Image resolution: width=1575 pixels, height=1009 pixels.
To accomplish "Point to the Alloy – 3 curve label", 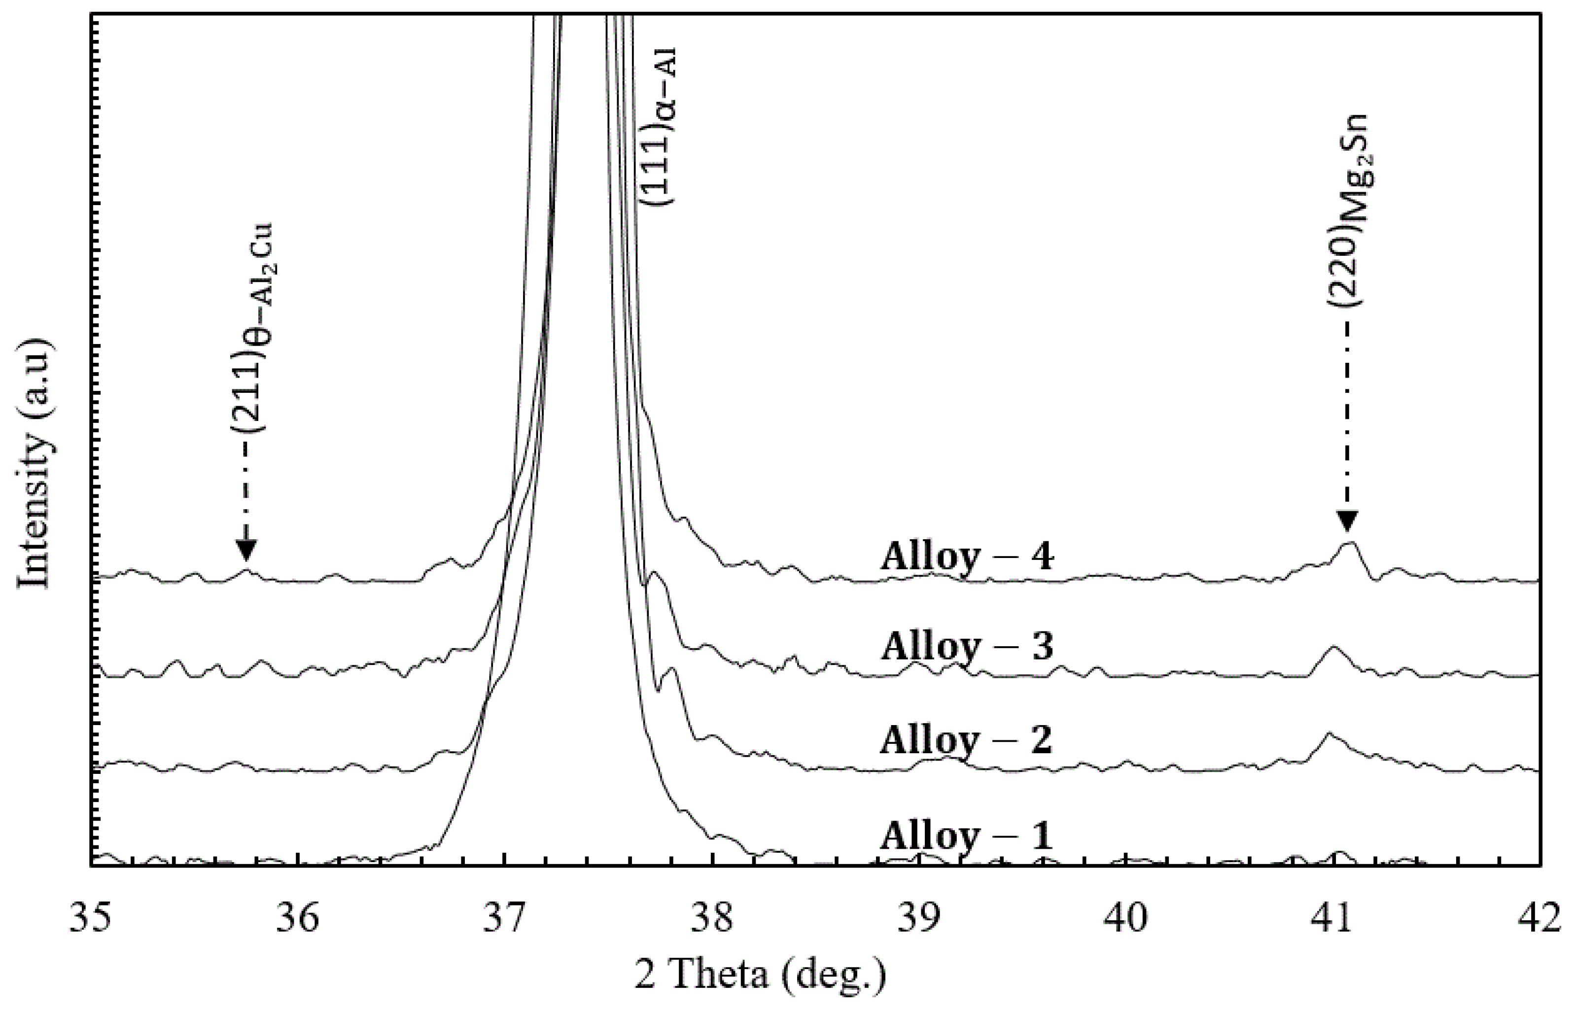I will [x=966, y=647].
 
